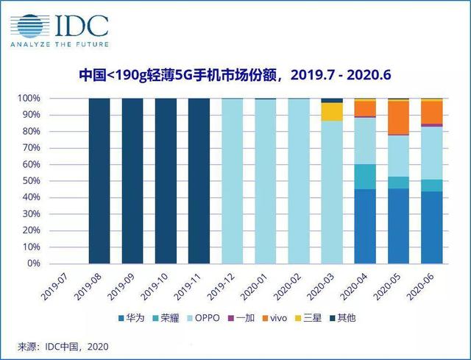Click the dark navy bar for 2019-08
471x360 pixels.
click(x=99, y=180)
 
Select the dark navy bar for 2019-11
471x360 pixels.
click(x=199, y=180)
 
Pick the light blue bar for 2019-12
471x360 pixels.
click(x=232, y=180)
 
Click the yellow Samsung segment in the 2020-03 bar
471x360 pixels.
click(x=332, y=112)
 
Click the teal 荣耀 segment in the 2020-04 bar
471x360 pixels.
click(x=365, y=177)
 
